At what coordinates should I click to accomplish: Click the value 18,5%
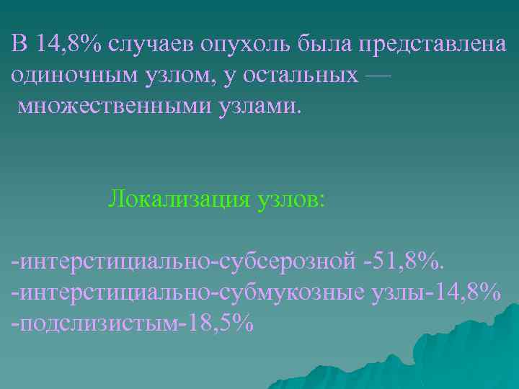[x=221, y=322]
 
